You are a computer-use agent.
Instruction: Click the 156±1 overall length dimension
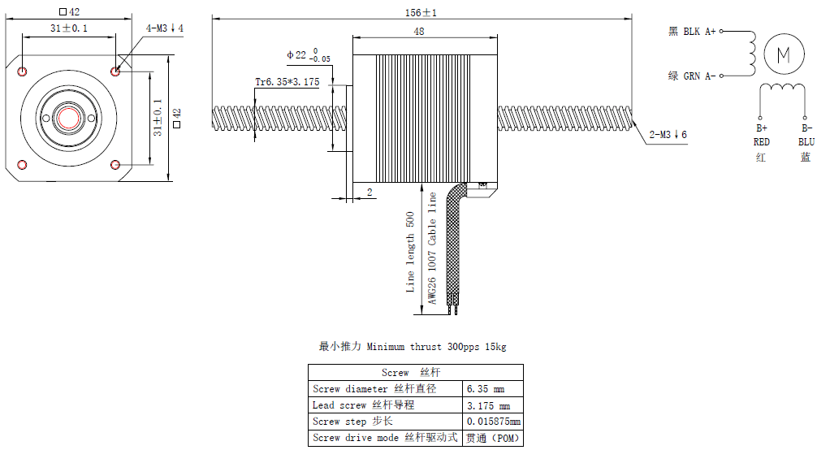pos(421,12)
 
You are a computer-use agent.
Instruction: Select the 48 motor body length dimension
pos(419,32)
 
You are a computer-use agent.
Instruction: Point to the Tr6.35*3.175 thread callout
pos(287,82)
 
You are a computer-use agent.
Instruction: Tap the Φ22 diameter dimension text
pos(309,54)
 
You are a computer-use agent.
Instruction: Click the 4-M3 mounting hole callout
pos(165,28)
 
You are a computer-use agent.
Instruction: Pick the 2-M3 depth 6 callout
pos(668,135)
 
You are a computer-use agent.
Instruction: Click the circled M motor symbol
pos(784,54)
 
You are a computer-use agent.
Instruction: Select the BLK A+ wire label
pos(692,32)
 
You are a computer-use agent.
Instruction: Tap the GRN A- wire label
pos(692,76)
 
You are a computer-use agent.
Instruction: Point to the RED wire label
pos(761,142)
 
